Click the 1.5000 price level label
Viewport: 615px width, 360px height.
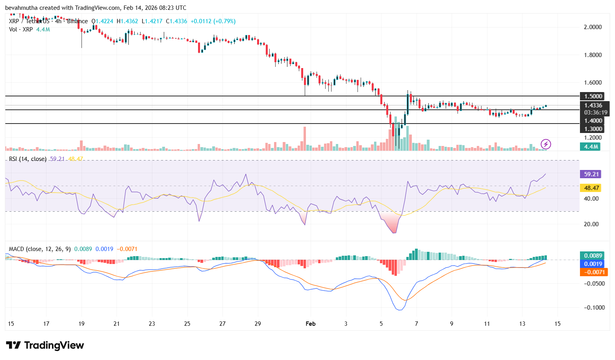(593, 96)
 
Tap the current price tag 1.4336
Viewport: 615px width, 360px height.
(593, 105)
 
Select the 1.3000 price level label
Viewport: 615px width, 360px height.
(593, 129)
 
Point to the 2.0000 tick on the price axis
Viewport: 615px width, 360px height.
(593, 27)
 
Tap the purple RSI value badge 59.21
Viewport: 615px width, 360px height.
(591, 174)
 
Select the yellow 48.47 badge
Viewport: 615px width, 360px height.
(591, 188)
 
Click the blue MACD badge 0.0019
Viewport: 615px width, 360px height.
(593, 264)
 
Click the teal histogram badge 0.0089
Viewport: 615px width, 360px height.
(593, 256)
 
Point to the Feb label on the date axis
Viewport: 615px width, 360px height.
(311, 324)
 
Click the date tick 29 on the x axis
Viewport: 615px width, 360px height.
(258, 324)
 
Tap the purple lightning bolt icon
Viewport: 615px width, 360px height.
(545, 144)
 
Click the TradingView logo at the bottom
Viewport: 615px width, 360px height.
(45, 345)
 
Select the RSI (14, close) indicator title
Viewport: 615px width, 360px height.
(28, 159)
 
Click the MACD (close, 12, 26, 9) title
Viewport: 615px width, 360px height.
(40, 249)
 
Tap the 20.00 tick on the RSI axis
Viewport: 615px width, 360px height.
(591, 224)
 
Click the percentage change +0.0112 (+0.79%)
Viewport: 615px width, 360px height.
(213, 21)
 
